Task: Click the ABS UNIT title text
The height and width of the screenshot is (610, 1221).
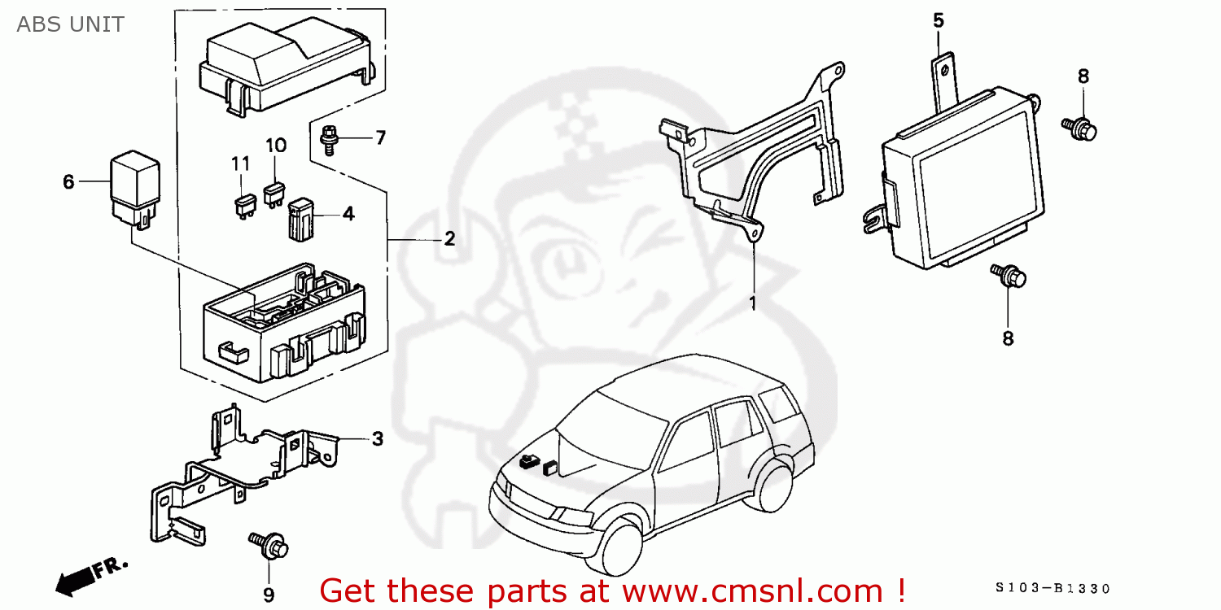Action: tap(71, 24)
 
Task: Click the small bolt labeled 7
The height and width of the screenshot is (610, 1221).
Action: tap(329, 139)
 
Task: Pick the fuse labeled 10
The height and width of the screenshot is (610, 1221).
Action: tap(274, 194)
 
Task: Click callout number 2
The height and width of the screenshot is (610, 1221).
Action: tap(449, 239)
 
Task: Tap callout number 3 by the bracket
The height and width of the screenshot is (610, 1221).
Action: tap(377, 439)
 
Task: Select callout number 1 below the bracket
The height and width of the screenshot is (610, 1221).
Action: tap(753, 303)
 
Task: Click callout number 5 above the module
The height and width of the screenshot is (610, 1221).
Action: tap(939, 20)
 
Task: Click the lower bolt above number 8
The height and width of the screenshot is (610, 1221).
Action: tap(1009, 277)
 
